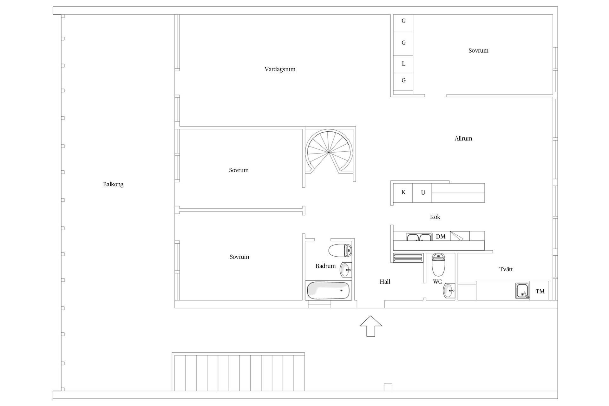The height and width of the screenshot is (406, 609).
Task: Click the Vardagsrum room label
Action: tap(280, 69)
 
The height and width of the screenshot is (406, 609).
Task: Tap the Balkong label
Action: tap(113, 184)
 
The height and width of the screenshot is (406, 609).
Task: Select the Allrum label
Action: tap(463, 138)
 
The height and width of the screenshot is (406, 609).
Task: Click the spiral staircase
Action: tap(329, 153)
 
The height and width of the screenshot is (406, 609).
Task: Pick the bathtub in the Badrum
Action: tap(328, 291)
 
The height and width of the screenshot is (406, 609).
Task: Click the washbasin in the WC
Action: tap(449, 291)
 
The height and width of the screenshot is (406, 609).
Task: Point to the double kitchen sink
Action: tap(419, 237)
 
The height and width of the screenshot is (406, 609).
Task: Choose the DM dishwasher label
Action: tap(441, 237)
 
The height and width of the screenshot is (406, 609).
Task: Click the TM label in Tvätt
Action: tap(540, 291)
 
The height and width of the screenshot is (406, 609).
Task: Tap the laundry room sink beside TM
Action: tap(522, 291)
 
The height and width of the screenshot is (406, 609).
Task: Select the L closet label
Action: tap(403, 64)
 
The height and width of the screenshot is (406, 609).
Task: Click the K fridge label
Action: tap(403, 192)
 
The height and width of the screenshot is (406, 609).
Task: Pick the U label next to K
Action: tap(423, 193)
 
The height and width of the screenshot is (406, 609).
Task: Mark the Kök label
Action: tap(435, 217)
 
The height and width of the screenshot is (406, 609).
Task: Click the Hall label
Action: tap(385, 282)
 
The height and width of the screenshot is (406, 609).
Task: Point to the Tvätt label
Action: tap(506, 269)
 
